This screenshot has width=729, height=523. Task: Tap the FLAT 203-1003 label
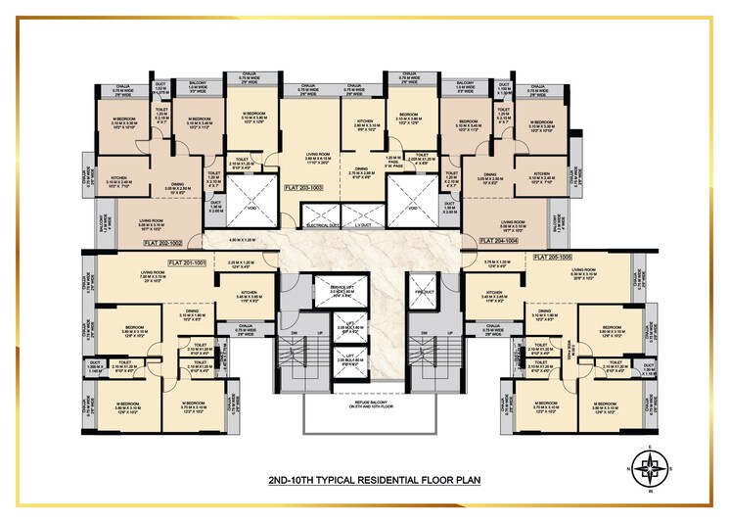[304, 186]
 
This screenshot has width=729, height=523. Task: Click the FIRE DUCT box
[423, 292]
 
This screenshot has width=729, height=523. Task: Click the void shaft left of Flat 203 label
[246, 208]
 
